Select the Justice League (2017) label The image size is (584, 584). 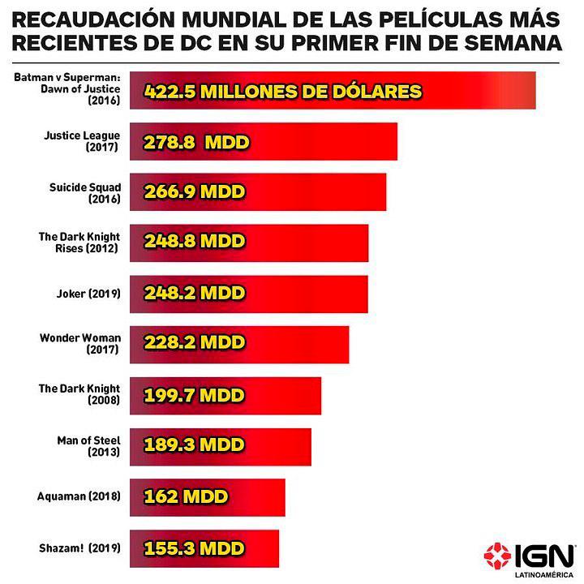tap(81, 141)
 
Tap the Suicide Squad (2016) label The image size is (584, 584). tap(84, 192)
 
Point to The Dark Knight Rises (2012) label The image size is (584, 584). tap(79, 243)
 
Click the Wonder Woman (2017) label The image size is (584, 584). tap(80, 343)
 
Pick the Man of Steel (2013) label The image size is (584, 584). tap(88, 445)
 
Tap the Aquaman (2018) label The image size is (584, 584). tap(79, 496)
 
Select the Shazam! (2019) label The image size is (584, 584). tap(79, 547)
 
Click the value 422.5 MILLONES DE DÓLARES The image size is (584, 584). tap(282, 91)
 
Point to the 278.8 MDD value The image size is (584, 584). tap(196, 142)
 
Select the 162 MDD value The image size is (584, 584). tap(186, 497)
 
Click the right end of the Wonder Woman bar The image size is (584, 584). tap(347, 345)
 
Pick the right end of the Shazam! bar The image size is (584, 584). tap(277, 548)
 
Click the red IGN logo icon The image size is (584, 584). tap(497, 556)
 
